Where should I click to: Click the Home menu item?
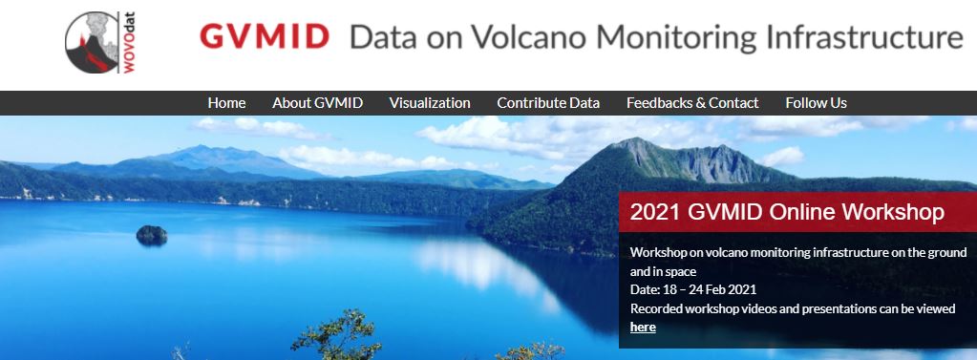point(226,103)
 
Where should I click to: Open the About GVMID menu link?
point(317,103)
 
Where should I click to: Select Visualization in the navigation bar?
point(430,103)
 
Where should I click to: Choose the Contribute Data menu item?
point(548,103)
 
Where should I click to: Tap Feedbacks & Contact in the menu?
point(692,103)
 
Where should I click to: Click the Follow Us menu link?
point(816,103)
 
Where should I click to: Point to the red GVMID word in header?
point(265,38)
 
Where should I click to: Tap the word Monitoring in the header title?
point(677,38)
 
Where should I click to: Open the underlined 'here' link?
point(643,327)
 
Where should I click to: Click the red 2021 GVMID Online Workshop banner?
point(787,212)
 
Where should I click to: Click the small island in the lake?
point(152,233)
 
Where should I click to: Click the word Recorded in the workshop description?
point(660,308)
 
